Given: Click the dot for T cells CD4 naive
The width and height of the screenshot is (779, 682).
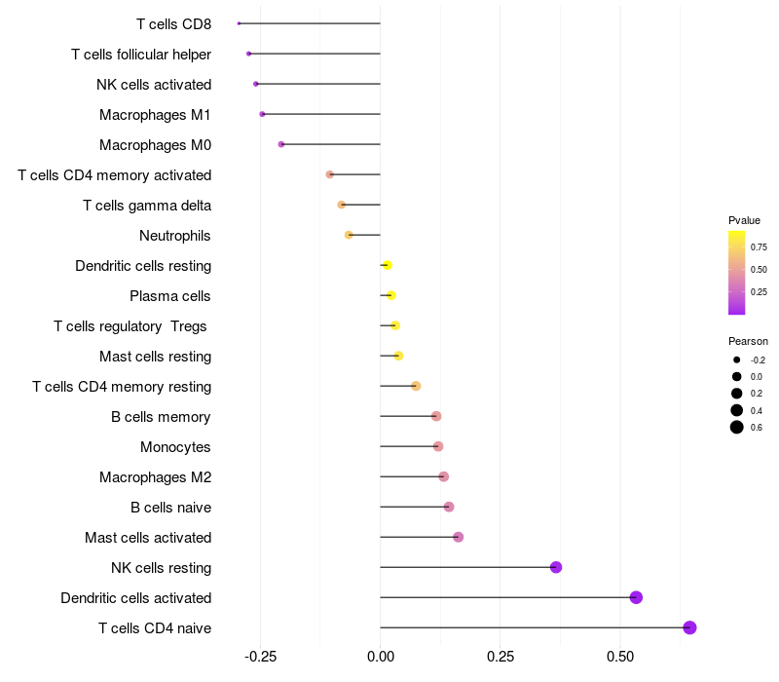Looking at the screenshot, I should point(689,627).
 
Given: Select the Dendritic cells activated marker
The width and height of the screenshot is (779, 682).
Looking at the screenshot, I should point(636,597).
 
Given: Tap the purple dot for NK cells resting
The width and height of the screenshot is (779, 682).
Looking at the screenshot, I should point(556,567).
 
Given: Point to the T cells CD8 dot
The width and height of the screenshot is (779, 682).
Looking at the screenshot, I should point(239,23).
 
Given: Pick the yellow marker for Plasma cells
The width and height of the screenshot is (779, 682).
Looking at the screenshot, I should point(390,295).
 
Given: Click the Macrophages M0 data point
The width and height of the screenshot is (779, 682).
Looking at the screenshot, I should point(281,144).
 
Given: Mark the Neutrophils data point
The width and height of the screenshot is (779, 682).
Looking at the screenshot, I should point(349,235).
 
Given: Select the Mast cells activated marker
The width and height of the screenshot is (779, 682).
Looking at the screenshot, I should point(458,537).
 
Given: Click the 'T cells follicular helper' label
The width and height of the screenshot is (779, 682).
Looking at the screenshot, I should point(141,54).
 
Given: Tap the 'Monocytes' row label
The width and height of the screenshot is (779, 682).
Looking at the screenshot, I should point(175,447).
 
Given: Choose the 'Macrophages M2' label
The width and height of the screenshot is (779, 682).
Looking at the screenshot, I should point(155,477).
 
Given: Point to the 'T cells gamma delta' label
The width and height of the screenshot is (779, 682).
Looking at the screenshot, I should point(147,206).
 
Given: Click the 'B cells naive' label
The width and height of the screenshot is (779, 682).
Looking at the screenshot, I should point(170,508).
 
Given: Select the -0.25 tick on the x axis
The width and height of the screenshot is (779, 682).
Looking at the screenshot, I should point(260,658).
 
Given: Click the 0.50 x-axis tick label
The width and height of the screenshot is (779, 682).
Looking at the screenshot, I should point(620,658).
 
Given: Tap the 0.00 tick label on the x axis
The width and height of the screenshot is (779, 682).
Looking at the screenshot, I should point(380,658).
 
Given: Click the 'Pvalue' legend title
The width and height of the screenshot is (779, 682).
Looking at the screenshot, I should point(744,220).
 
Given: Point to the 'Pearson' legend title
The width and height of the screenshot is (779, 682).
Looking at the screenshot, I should point(748,341).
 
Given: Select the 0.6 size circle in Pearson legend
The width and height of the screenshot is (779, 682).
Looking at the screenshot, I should point(737,427).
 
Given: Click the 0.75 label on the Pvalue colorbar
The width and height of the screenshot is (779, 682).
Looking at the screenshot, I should point(759,247).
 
